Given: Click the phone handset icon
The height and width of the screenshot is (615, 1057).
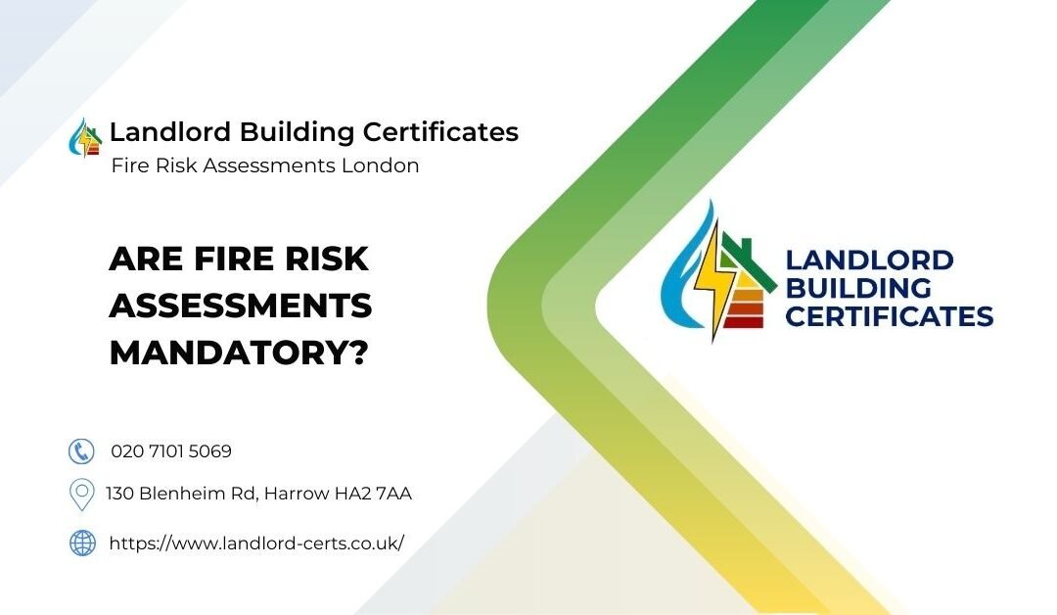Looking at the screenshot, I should pyautogui.click(x=81, y=451).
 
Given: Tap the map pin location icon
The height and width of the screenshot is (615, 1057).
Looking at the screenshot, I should pyautogui.click(x=81, y=495).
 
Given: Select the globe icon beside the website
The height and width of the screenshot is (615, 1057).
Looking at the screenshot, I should pyautogui.click(x=82, y=543).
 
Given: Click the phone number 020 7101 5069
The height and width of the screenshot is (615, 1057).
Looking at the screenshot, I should pyautogui.click(x=171, y=451).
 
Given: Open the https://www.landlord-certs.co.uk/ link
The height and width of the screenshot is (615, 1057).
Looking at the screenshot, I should pyautogui.click(x=256, y=543).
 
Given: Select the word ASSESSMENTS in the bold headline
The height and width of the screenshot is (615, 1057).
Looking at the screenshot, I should pyautogui.click(x=241, y=306).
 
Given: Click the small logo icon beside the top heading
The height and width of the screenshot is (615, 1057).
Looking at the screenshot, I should pyautogui.click(x=86, y=137).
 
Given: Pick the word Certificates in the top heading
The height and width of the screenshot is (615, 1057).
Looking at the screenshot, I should pyautogui.click(x=440, y=131).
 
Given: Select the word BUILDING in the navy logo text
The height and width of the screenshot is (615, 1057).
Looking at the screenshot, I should pyautogui.click(x=858, y=288).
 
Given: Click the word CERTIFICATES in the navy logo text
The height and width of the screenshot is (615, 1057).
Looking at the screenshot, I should pyautogui.click(x=889, y=316).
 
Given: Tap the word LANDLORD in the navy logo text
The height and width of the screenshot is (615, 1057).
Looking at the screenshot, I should pyautogui.click(x=869, y=260).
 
